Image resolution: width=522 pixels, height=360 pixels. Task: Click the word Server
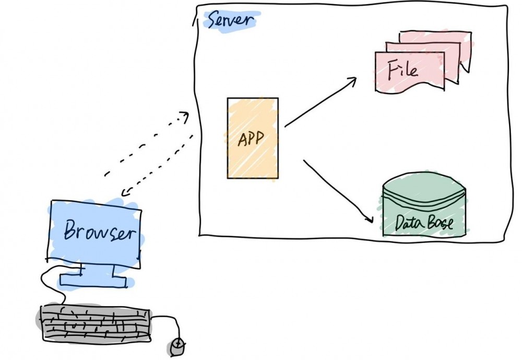click(230, 20)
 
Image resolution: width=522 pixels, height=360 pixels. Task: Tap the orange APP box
click(253, 138)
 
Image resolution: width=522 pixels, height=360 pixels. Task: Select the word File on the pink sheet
click(402, 70)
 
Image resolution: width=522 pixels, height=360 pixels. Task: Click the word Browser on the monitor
click(100, 230)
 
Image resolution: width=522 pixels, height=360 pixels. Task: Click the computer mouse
click(177, 346)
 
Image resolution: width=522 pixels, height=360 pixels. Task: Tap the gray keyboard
click(94, 322)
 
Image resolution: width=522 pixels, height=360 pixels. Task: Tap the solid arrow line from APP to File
click(321, 102)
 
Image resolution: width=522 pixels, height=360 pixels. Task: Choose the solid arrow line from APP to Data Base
click(338, 191)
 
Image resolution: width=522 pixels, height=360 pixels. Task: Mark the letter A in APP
click(242, 139)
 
